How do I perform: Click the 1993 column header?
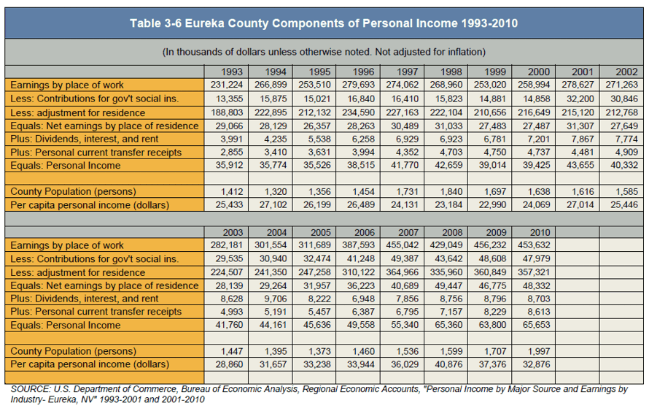232,72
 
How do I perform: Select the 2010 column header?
540,232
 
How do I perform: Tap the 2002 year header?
626,72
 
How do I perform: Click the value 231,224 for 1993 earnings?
227,85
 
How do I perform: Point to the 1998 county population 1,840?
451,191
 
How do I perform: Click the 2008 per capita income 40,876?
448,364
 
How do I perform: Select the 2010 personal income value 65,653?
537,325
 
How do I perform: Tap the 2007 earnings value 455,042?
403,245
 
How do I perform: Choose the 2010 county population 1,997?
540,351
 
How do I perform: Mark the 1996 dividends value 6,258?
363,139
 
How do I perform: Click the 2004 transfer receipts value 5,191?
276,312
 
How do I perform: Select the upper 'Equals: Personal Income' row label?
66,165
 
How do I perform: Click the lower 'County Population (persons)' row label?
73,351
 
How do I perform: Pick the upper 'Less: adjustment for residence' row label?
78,112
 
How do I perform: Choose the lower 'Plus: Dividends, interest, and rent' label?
85,299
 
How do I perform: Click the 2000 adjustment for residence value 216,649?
534,112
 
